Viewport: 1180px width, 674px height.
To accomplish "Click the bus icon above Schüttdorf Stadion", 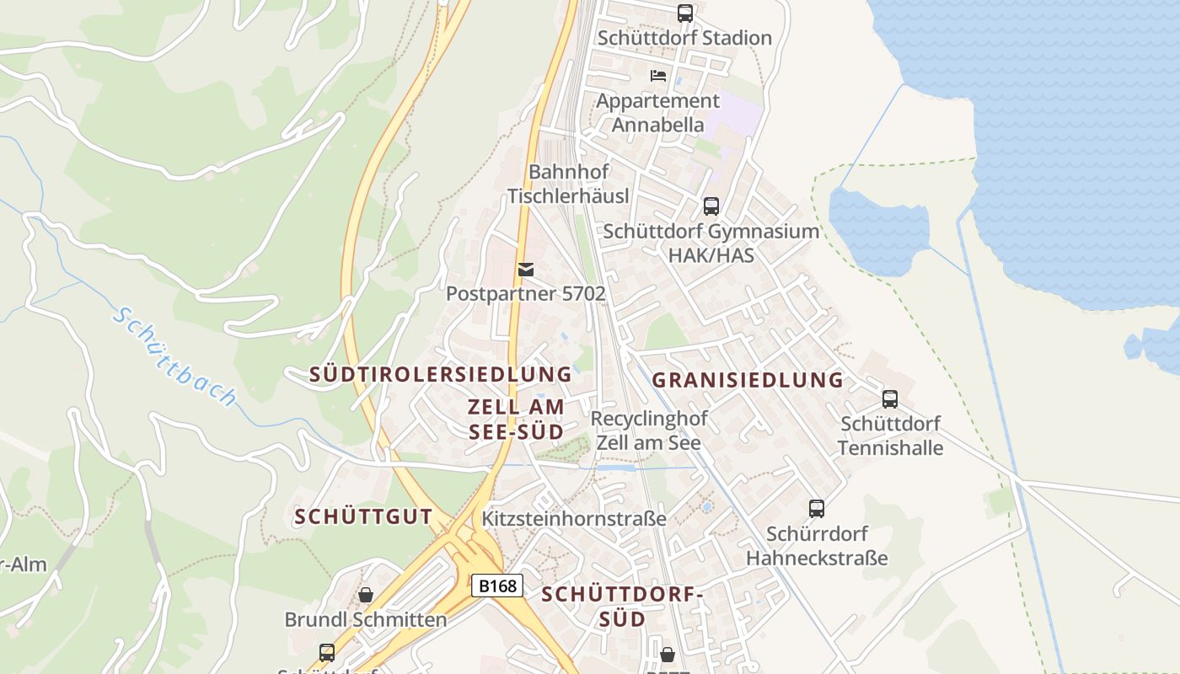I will (684, 13).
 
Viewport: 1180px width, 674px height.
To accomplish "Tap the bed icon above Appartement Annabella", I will (658, 76).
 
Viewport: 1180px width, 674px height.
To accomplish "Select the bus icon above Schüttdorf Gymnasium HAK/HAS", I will (711, 206).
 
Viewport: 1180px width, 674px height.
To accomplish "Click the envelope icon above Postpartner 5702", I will (526, 270).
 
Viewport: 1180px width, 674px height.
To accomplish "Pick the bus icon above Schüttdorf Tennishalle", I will (890, 399).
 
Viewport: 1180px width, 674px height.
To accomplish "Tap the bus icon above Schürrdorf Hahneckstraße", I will (816, 509).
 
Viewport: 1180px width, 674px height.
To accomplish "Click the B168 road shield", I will (496, 586).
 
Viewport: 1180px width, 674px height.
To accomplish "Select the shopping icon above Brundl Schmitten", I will (366, 596).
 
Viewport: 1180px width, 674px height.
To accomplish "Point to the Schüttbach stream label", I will (175, 356).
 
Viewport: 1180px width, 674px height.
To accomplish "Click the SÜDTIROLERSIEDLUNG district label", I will (441, 374).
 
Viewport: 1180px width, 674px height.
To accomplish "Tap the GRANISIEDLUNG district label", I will (748, 380).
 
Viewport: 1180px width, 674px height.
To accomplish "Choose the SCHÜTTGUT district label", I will (363, 517).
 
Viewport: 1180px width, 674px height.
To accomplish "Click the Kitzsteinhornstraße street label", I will (574, 518).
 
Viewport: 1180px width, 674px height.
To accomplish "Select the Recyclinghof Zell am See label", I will (648, 431).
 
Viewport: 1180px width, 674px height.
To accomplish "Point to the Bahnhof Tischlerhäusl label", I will (568, 184).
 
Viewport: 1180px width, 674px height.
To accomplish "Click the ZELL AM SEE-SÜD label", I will (516, 420).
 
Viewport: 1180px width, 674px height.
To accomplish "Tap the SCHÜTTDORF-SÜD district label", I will (622, 607).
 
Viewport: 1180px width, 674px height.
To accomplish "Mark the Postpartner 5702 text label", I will (526, 294).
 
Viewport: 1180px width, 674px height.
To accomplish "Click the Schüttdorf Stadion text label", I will (684, 38).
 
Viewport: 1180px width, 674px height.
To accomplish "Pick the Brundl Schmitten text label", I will (366, 620).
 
